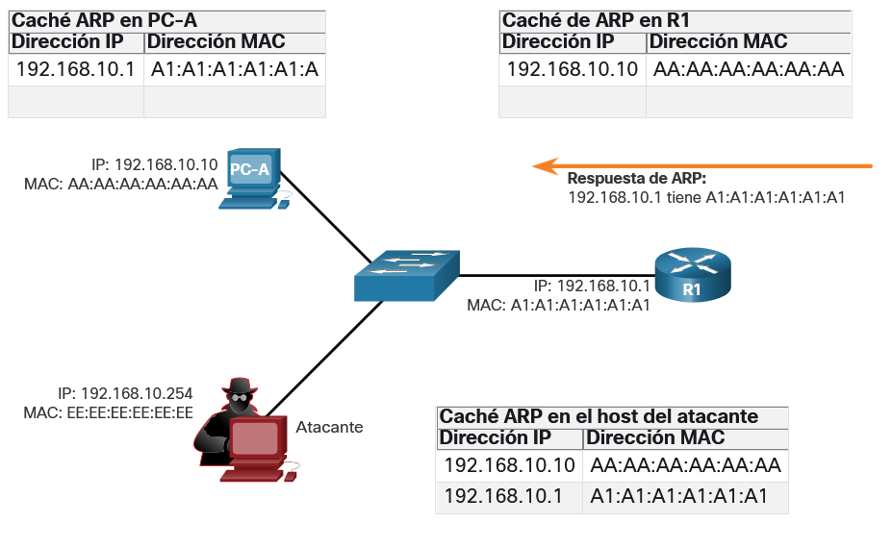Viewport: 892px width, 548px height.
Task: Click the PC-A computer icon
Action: click(254, 179)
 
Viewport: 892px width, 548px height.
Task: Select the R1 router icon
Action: click(692, 274)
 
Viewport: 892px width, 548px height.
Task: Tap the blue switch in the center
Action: click(406, 275)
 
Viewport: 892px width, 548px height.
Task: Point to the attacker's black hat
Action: click(240, 386)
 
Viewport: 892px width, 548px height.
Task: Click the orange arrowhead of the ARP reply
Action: click(545, 166)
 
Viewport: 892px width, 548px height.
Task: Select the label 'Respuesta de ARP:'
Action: click(637, 179)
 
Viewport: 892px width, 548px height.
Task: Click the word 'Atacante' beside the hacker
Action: click(329, 427)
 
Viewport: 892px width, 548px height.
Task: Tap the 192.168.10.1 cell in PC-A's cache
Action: click(76, 69)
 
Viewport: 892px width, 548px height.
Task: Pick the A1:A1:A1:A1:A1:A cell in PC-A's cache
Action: click(235, 69)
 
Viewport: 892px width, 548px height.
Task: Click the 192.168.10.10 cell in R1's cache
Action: click(573, 69)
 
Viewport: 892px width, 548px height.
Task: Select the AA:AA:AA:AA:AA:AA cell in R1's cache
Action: click(749, 69)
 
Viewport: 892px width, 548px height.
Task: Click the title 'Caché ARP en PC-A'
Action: click(104, 21)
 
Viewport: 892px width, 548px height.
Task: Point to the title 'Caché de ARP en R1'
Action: click(596, 21)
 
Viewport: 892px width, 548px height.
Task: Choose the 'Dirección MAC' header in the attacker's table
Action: click(655, 437)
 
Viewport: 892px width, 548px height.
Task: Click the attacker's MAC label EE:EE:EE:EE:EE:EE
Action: click(108, 412)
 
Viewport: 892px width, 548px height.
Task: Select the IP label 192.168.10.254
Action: click(125, 393)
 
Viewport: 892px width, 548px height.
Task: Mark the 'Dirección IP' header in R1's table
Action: click(558, 42)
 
